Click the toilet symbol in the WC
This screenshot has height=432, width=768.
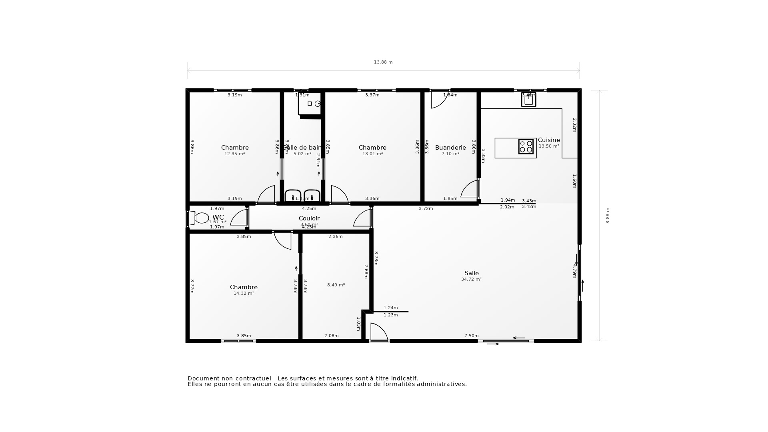coord(200,218)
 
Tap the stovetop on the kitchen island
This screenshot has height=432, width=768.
coord(526,146)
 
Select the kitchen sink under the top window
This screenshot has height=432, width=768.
coord(528,100)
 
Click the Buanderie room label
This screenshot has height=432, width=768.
coord(450,148)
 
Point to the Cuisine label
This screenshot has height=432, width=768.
coord(549,140)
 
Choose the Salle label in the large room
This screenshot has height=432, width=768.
coord(472,273)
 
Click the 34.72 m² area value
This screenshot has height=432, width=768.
coord(472,280)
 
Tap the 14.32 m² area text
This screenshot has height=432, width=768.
coord(244,294)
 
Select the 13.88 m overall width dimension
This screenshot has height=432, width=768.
coord(383,62)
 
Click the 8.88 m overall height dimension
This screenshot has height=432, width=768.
coord(608,216)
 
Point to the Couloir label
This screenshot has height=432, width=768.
coord(309,218)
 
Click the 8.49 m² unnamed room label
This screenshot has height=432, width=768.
coord(336,285)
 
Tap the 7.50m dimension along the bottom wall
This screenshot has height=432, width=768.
coord(471,336)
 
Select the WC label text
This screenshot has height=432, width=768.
coord(218,217)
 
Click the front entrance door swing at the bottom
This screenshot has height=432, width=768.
coord(378,332)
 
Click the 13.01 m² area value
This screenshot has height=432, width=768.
coord(372,154)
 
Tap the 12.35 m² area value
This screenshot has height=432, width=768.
coord(234,154)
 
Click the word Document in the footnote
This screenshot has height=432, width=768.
coord(203,378)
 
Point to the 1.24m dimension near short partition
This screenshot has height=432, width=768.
coord(390,308)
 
